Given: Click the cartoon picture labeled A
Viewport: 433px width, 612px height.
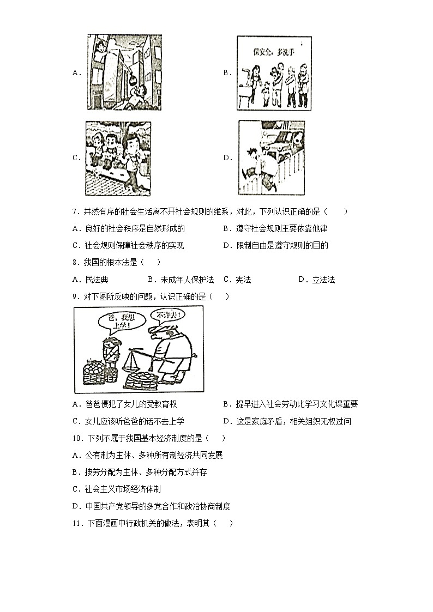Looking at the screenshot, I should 124,72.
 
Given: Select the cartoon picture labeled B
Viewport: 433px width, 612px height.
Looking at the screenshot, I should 274,73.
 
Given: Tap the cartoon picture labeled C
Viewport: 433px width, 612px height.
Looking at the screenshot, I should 118,157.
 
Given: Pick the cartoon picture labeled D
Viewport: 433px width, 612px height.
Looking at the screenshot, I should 271,157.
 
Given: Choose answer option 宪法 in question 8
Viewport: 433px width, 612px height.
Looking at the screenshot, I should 243,280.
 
